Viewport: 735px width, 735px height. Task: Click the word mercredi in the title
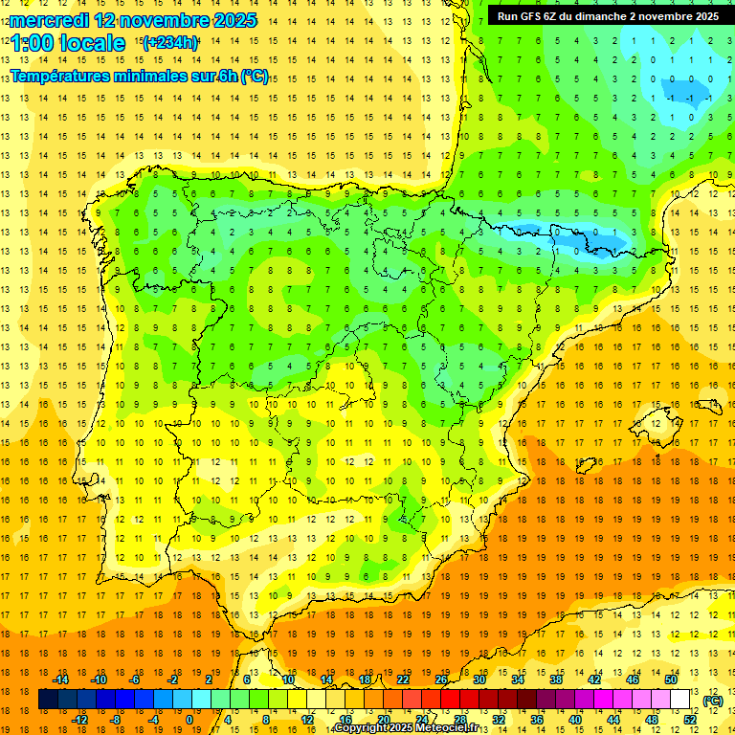pos(51,20)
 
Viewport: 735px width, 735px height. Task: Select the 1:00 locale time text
pos(68,43)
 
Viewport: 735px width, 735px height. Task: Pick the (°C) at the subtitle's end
pos(255,76)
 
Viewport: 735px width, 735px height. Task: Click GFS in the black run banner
pos(538,16)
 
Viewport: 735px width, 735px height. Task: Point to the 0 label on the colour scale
pos(189,720)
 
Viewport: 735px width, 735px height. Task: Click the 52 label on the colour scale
pos(690,720)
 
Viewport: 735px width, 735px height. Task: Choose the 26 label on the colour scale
pos(441,679)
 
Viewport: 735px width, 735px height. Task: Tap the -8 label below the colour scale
pos(116,720)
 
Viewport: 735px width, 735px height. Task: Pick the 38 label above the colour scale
pos(555,679)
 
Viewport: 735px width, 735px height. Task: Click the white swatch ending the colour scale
pos(679,700)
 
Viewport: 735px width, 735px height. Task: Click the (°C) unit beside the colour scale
pos(713,701)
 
